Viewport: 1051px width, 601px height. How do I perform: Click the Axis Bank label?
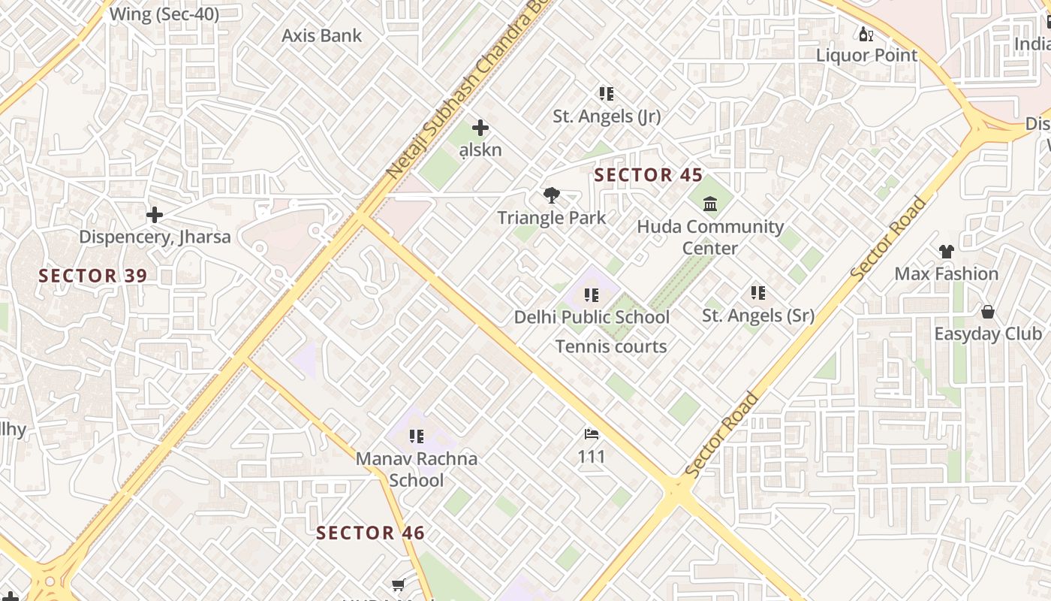(321, 35)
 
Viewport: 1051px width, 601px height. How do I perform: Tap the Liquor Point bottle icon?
(866, 34)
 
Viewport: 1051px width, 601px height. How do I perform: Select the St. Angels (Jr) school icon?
(607, 94)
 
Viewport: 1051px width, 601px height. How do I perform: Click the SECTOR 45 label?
(649, 176)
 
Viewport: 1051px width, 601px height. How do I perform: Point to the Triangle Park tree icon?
(552, 196)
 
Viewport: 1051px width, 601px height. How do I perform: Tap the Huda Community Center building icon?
(710, 204)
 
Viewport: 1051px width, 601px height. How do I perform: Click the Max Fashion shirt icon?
(946, 252)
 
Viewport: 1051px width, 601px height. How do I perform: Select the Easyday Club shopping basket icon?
(988, 312)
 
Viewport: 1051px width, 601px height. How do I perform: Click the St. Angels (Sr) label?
(758, 316)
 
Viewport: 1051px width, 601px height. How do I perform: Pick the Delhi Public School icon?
(592, 295)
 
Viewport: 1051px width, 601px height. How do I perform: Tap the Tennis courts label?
(611, 346)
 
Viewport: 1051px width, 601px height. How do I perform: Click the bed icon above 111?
(592, 434)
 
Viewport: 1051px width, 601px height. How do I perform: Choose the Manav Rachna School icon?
(417, 436)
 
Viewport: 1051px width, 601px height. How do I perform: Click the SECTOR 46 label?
(370, 533)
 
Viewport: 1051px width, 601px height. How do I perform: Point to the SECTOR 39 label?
(93, 276)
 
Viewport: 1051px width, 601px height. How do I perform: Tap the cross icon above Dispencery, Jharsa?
(155, 216)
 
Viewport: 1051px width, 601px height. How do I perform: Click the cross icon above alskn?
(480, 128)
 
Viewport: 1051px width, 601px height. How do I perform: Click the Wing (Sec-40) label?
(164, 14)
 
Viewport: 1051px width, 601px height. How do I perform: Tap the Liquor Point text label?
(866, 55)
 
